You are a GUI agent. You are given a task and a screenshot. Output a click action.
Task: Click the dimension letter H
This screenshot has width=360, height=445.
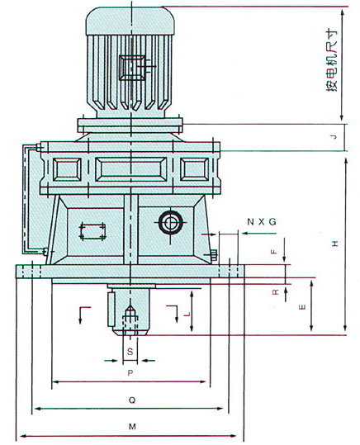tap(335, 244)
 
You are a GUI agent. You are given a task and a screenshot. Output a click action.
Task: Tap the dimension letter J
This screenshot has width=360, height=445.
tap(334, 137)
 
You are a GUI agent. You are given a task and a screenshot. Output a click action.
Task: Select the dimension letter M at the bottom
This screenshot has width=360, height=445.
tap(132, 426)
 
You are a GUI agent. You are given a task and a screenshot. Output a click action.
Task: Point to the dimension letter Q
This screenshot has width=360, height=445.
tap(132, 400)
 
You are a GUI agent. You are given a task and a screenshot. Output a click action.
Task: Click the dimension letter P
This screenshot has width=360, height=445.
tap(130, 373)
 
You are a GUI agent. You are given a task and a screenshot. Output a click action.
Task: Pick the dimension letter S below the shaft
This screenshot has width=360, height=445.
tap(130, 352)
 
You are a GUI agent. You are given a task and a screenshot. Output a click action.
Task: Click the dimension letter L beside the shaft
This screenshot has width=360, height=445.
tap(187, 315)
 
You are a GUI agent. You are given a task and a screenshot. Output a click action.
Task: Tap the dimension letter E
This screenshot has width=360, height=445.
tap(303, 307)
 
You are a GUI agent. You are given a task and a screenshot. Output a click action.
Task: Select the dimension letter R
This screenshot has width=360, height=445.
tap(276, 291)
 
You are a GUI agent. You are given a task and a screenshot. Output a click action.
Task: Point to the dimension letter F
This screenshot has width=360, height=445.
tap(273, 252)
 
